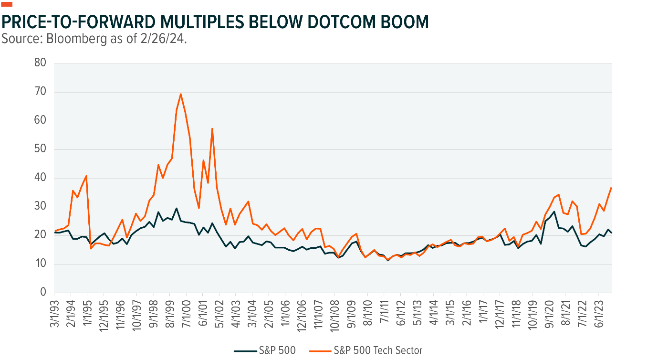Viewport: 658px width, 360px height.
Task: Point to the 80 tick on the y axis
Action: click(x=42, y=64)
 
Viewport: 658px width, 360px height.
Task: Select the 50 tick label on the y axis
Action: click(x=42, y=149)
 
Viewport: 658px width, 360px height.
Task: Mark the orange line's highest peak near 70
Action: click(x=181, y=94)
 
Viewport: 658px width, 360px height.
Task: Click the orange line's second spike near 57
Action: click(x=212, y=128)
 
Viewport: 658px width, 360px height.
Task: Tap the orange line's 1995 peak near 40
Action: click(x=86, y=176)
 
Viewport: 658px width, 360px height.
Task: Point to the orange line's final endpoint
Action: click(x=611, y=188)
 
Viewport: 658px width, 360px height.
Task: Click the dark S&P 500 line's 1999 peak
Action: click(x=176, y=208)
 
